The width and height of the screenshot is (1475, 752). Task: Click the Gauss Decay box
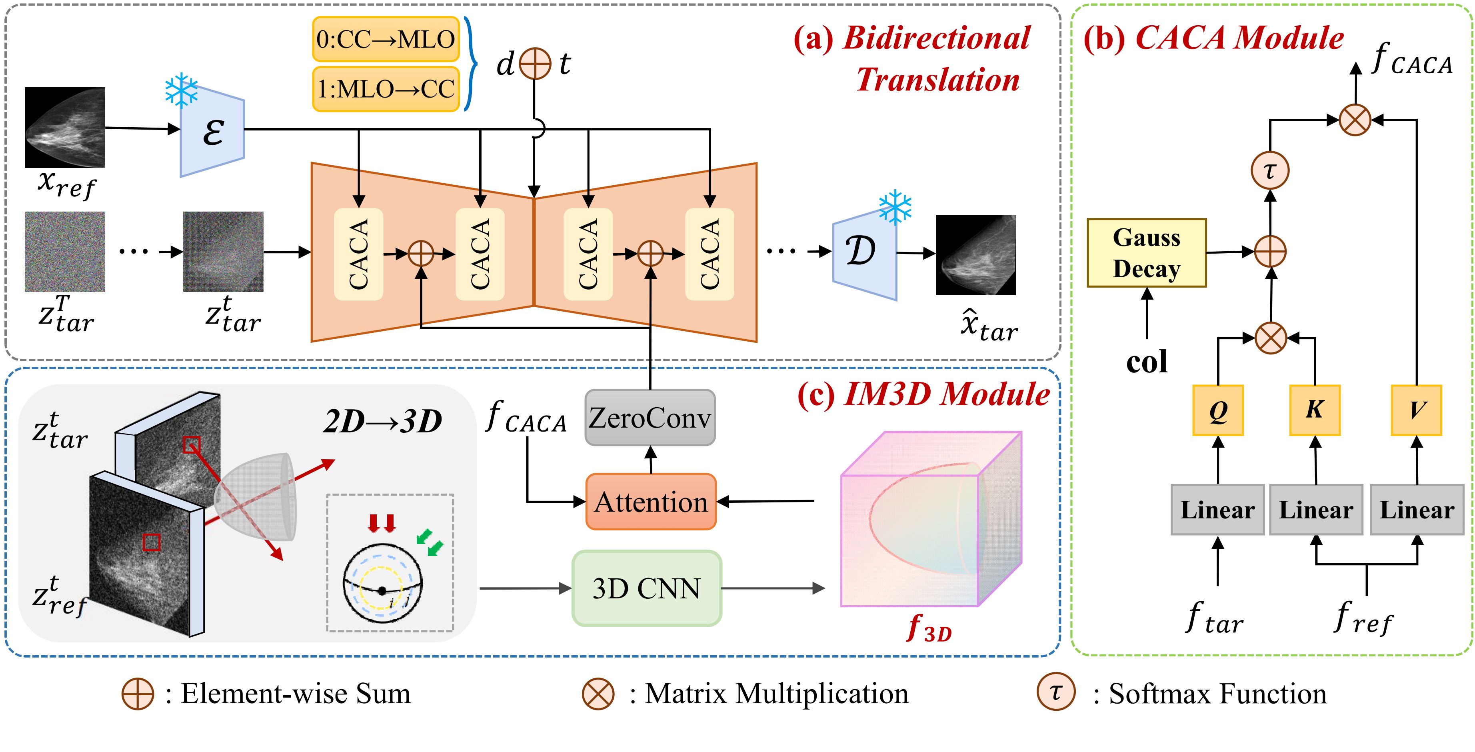[1146, 252]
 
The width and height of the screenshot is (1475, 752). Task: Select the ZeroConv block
[650, 418]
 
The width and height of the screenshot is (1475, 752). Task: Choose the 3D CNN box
[646, 588]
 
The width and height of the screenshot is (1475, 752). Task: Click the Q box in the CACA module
[1218, 410]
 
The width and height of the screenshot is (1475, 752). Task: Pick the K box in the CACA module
[1315, 410]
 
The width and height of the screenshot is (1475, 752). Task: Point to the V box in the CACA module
[1416, 410]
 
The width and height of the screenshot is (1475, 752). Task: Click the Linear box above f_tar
[1217, 510]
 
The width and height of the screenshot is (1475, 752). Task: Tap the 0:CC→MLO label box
[386, 39]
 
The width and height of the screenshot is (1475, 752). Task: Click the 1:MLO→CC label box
[386, 89]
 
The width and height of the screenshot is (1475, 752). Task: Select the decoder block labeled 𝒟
[864, 252]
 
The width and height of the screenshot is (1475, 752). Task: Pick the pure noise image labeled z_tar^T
[65, 252]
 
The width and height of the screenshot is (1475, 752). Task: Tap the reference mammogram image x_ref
[65, 127]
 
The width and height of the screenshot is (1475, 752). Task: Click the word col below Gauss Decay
[1146, 362]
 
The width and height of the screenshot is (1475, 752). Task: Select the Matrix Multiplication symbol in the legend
[598, 694]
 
